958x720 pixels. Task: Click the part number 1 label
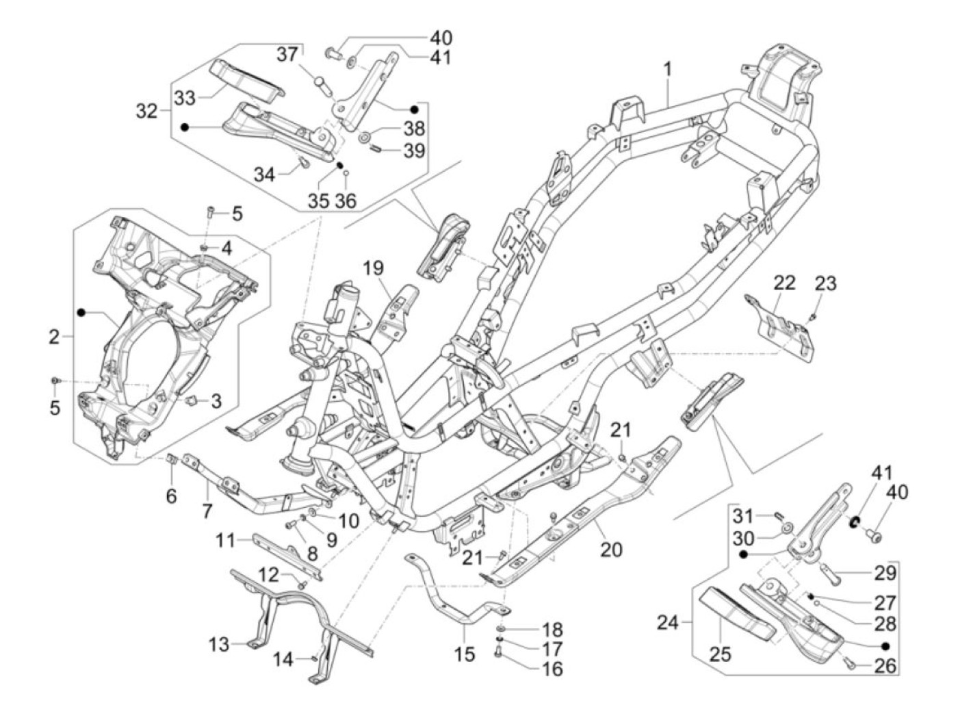pos(667,70)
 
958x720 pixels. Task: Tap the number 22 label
pos(785,282)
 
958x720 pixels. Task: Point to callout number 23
pos(826,283)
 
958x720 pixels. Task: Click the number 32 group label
pos(146,111)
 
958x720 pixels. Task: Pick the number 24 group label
pos(669,623)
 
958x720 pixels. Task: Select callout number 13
pos(220,644)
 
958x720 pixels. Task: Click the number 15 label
pos(464,654)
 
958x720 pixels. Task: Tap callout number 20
pos(611,548)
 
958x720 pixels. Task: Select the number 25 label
pos(720,654)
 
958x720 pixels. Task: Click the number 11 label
pos(226,541)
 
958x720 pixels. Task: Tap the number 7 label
pos(207,510)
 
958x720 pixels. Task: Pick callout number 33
pos(184,98)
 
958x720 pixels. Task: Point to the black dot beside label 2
pos(81,312)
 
